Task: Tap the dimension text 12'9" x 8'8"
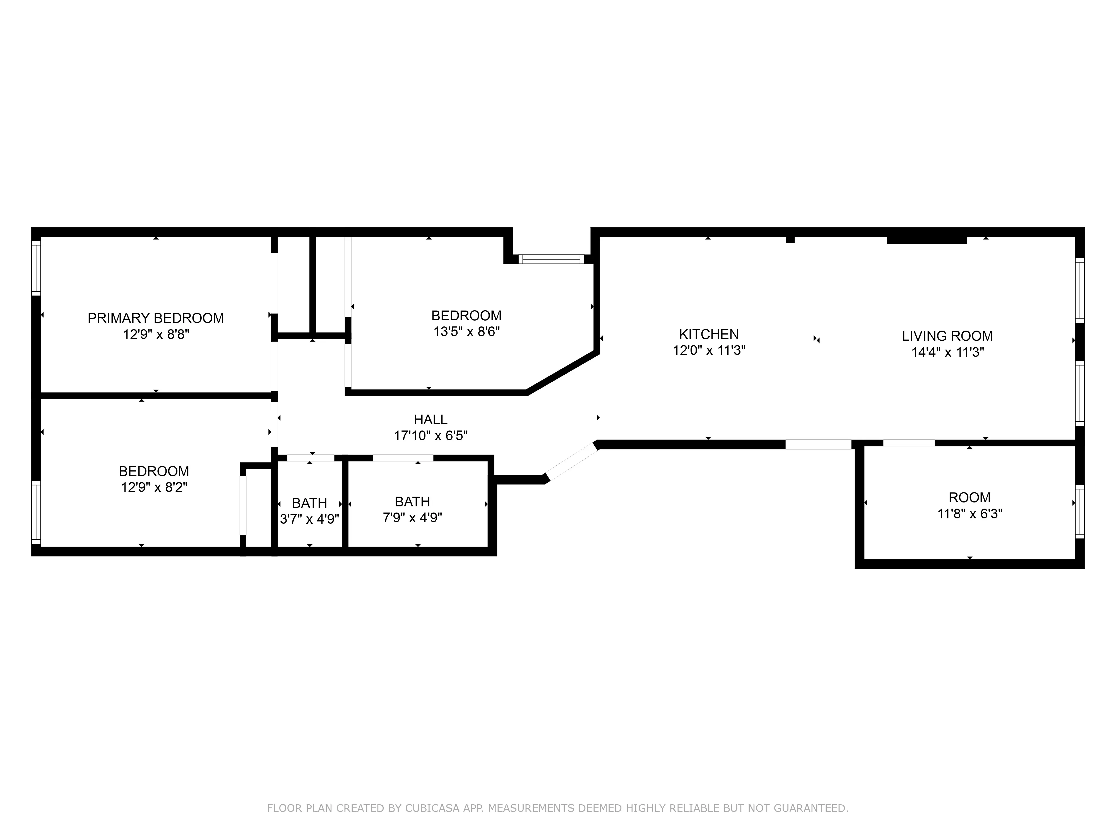pyautogui.click(x=156, y=335)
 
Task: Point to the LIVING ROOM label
pyautogui.click(x=947, y=336)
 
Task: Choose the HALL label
pyautogui.click(x=430, y=420)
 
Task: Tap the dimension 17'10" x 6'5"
pyautogui.click(x=430, y=436)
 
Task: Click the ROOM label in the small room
pyautogui.click(x=969, y=497)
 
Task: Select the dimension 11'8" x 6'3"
pyautogui.click(x=969, y=514)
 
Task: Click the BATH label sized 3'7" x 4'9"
pyautogui.click(x=309, y=503)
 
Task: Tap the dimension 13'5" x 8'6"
pyautogui.click(x=466, y=331)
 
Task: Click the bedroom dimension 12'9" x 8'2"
pyautogui.click(x=154, y=487)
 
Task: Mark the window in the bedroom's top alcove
pyautogui.click(x=551, y=259)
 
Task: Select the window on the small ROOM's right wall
pyautogui.click(x=1079, y=512)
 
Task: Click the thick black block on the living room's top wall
pyautogui.click(x=926, y=240)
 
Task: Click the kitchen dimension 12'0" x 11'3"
pyautogui.click(x=709, y=350)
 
